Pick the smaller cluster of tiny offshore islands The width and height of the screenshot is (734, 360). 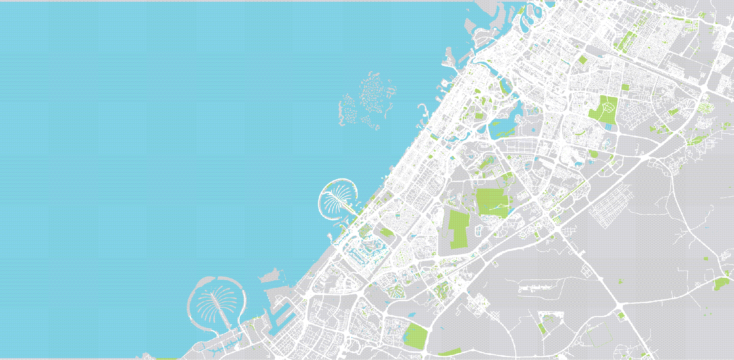tap(348, 111)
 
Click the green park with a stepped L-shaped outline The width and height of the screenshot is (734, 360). tap(459, 229)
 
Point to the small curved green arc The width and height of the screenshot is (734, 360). tap(581, 133)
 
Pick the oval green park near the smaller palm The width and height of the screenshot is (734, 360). tap(386, 232)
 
